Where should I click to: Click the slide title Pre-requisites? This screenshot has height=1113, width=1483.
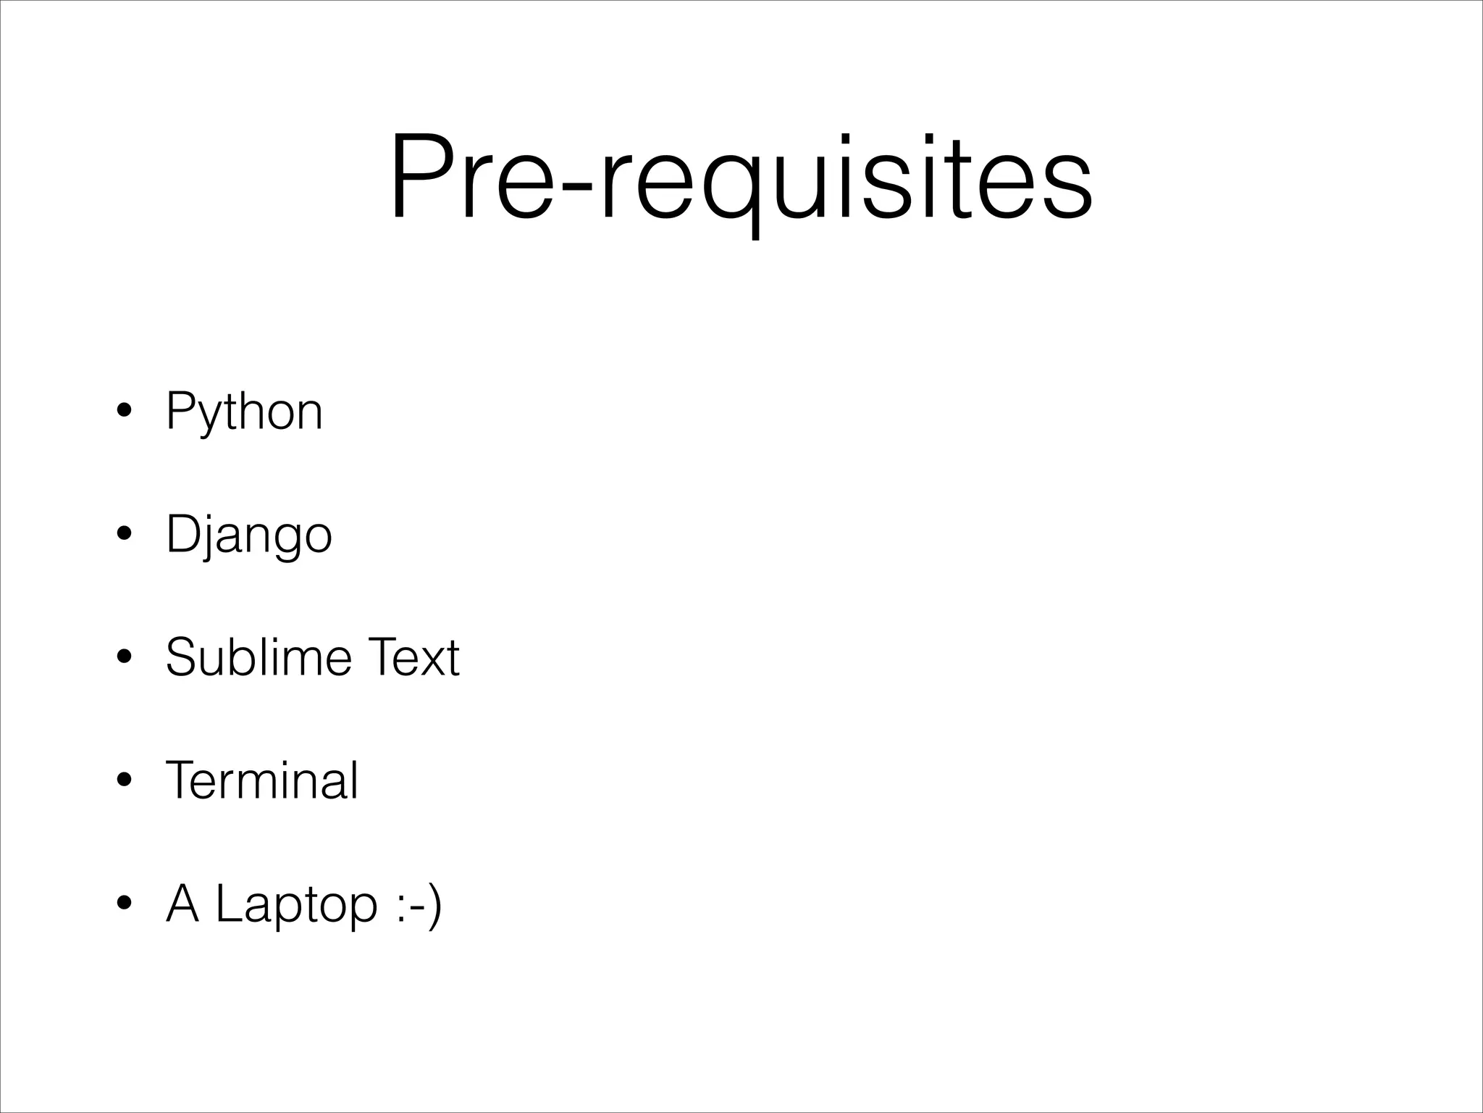pos(741,178)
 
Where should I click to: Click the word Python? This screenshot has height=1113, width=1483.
pos(244,412)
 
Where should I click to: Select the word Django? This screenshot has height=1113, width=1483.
pos(248,535)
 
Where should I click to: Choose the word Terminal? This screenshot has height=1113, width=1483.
pos(261,781)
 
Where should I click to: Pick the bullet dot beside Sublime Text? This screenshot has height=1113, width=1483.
pos(125,658)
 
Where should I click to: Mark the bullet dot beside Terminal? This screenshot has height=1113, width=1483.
pos(125,780)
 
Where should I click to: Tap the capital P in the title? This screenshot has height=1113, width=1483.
pos(419,176)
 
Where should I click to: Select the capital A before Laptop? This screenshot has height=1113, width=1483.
pos(182,904)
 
